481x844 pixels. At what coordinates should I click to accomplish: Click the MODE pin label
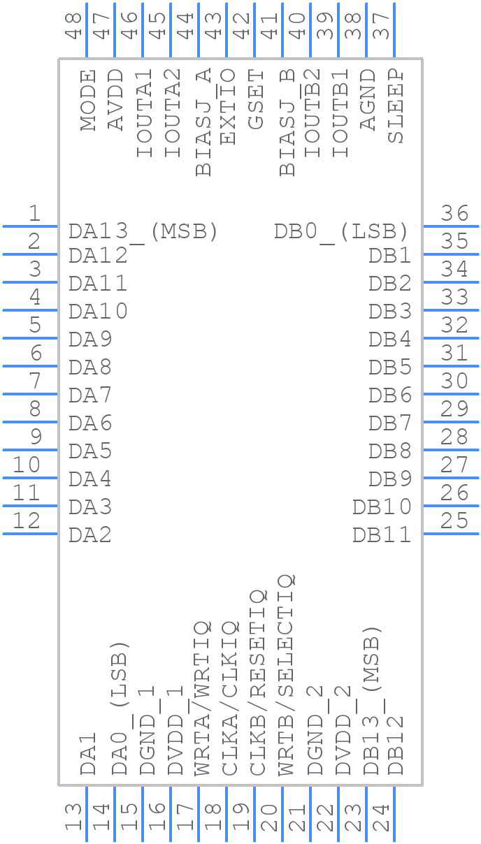click(x=87, y=101)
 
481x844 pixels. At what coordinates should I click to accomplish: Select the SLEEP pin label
click(x=395, y=105)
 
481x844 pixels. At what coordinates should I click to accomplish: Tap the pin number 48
click(x=73, y=26)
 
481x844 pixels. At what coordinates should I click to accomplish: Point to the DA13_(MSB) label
click(x=144, y=231)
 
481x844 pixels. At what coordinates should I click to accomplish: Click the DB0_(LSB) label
click(x=341, y=231)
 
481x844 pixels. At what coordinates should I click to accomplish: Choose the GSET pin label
click(x=256, y=99)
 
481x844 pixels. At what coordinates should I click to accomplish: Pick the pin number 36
click(x=454, y=213)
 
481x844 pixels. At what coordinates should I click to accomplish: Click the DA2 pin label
click(x=90, y=535)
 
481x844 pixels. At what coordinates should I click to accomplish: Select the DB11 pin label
click(x=382, y=535)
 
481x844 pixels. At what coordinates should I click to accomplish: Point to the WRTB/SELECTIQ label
click(x=285, y=675)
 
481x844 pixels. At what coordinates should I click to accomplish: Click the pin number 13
click(x=73, y=817)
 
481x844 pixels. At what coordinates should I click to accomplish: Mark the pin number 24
click(x=381, y=817)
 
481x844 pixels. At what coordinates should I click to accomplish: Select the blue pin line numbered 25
click(x=451, y=534)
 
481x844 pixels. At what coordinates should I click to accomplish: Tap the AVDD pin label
click(x=115, y=99)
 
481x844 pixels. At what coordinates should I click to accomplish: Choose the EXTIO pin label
click(x=227, y=105)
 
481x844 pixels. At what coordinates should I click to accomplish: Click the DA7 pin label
click(x=90, y=395)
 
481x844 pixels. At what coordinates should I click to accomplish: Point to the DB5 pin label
click(x=390, y=368)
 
